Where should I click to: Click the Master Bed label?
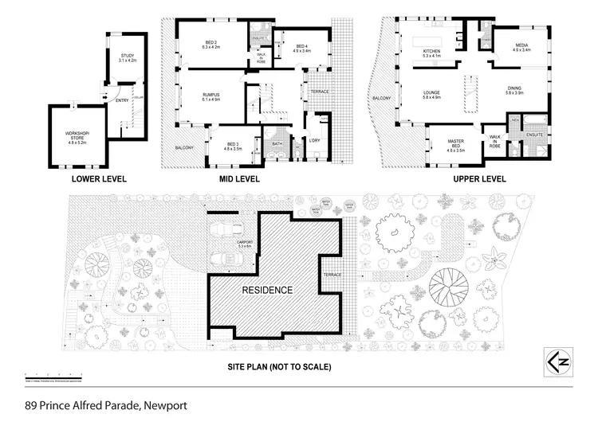coord(456,144)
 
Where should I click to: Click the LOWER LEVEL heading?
coord(96,179)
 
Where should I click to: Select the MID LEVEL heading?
coord(240,179)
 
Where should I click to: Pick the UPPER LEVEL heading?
coord(480,179)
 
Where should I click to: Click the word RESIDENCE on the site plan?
coord(268,290)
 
